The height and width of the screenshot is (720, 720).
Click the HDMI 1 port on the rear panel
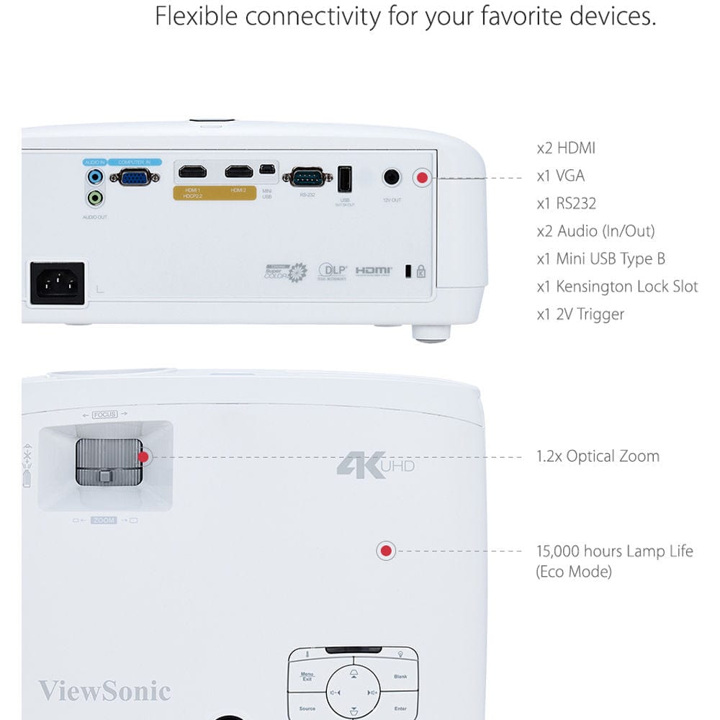(x=192, y=172)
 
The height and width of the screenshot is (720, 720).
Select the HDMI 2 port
(x=238, y=172)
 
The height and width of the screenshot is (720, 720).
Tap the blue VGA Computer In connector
(x=135, y=176)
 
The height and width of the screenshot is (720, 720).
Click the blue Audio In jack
(x=94, y=176)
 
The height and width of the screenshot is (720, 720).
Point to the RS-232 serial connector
(x=307, y=176)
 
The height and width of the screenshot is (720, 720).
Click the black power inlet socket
(x=57, y=283)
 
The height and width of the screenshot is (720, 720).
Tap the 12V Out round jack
(x=392, y=176)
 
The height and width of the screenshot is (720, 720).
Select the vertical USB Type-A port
(x=345, y=178)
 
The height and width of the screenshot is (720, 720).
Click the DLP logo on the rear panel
(x=333, y=271)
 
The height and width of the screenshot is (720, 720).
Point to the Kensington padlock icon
(x=421, y=271)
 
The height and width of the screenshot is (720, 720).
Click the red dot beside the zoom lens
(x=143, y=456)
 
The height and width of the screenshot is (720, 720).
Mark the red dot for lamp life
(x=386, y=552)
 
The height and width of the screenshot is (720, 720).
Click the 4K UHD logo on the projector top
(x=375, y=464)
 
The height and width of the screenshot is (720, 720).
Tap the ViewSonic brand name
(x=104, y=691)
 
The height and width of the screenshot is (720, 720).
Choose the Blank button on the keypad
(x=400, y=677)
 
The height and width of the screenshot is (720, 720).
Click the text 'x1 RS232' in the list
(x=567, y=204)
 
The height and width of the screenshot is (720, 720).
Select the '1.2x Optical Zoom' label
(x=598, y=456)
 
